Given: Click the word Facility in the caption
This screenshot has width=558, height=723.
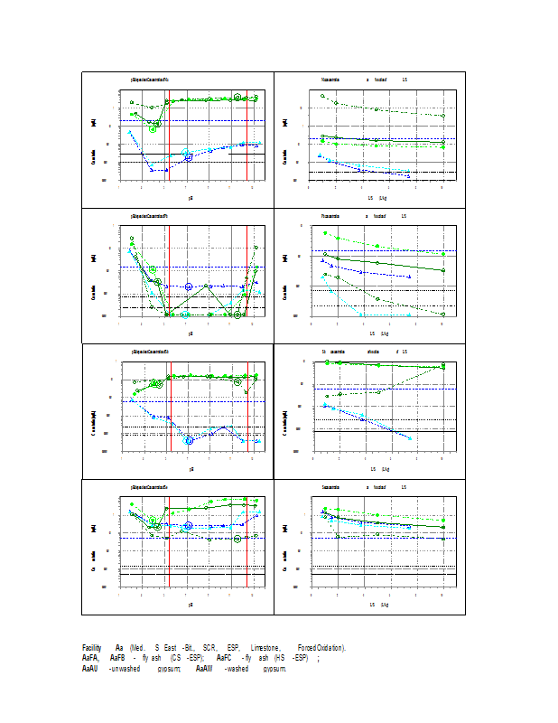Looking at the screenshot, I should (x=91, y=648).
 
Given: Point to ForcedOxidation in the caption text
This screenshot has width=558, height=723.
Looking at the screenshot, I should (x=321, y=648).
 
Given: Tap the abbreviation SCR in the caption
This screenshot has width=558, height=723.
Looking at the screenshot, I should (x=209, y=648).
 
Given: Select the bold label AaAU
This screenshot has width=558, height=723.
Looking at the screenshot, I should (x=90, y=670).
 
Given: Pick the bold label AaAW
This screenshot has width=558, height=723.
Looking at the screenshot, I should (x=204, y=670).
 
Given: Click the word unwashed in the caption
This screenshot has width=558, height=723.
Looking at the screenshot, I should (x=124, y=670).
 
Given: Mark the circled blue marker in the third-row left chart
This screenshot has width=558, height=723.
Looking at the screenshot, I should (x=190, y=440).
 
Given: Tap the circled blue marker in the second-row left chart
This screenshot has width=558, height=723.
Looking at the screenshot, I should (x=189, y=286).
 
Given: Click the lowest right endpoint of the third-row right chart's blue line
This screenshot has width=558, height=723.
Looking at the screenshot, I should (x=410, y=438).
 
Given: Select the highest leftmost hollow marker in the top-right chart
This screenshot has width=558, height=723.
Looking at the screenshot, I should (x=322, y=95).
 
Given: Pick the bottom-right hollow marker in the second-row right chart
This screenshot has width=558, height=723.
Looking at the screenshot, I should (x=443, y=314).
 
